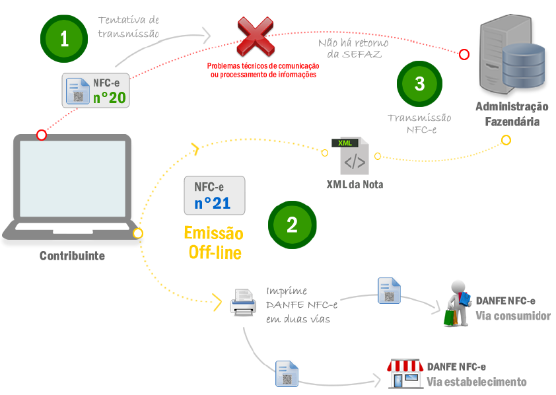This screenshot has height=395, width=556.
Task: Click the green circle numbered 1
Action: pyautogui.click(x=64, y=38)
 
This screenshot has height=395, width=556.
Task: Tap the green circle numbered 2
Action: pyautogui.click(x=291, y=224)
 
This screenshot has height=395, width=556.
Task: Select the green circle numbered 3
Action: pyautogui.click(x=420, y=84)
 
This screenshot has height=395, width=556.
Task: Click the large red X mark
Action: pyautogui.click(x=256, y=38)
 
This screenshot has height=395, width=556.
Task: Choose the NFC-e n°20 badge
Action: pyautogui.click(x=96, y=90)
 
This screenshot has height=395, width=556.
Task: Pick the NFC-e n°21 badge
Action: pyautogui.click(x=215, y=195)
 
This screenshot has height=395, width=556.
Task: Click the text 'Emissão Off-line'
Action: pyautogui.click(x=213, y=242)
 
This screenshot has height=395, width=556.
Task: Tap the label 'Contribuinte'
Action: pyautogui.click(x=72, y=256)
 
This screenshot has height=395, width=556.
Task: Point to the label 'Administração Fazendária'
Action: pyautogui.click(x=512, y=114)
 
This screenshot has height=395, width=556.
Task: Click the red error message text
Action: pyautogui.click(x=263, y=71)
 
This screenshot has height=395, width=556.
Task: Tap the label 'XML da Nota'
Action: pyautogui.click(x=355, y=184)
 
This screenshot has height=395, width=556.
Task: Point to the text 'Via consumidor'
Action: pyautogui.click(x=513, y=316)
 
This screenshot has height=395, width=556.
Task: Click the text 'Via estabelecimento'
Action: pyautogui.click(x=477, y=382)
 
